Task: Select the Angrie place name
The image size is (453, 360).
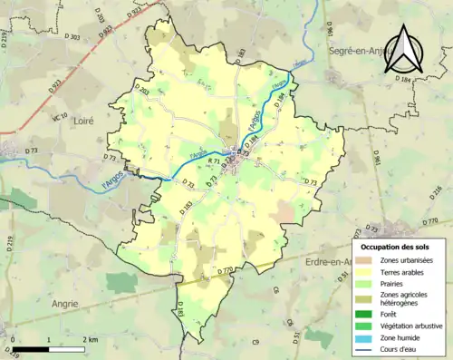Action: [65, 305]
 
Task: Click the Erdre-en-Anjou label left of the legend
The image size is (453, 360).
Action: [327, 262]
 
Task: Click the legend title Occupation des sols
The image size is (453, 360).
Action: [397, 247]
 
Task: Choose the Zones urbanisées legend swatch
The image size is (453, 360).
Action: [366, 260]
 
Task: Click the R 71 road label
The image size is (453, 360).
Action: [215, 161]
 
